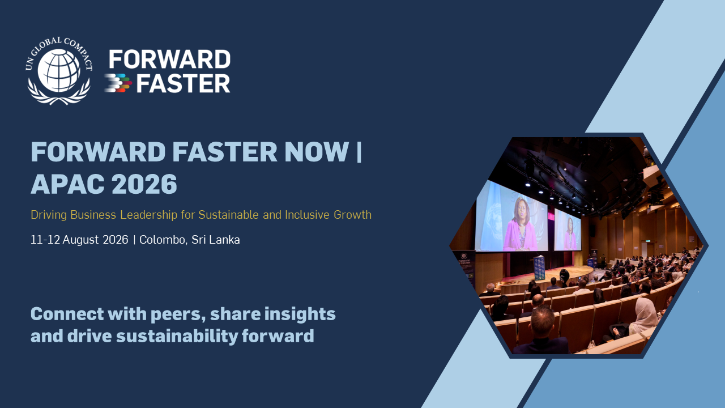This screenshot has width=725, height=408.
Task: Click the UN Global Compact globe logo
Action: (58, 71)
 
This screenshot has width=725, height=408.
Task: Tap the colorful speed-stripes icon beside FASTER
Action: (118, 83)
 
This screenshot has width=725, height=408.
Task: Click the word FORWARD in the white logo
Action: (169, 59)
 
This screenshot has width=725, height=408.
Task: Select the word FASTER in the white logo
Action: (183, 83)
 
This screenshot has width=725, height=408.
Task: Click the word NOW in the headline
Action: (316, 151)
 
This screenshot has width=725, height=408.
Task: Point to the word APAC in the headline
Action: (67, 184)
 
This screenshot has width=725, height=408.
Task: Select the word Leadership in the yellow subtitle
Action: (148, 215)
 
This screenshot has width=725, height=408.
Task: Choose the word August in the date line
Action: (80, 240)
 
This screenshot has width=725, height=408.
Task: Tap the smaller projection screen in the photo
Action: (568, 230)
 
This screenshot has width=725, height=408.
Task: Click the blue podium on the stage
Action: (539, 268)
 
